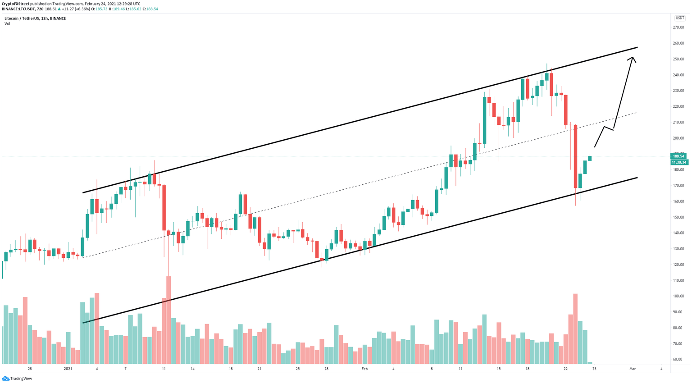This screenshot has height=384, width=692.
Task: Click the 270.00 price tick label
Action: coord(678,27)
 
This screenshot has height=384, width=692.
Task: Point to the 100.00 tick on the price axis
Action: coord(678,296)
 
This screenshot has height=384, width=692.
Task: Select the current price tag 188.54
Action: coord(678,156)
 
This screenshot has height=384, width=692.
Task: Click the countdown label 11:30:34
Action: coord(678,162)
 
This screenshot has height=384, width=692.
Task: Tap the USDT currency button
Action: coord(679,18)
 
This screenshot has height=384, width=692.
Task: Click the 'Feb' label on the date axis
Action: coord(364,369)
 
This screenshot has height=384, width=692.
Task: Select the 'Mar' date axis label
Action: coord(633,369)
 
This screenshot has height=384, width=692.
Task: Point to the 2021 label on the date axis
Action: coord(68,369)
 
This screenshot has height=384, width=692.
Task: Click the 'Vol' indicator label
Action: coord(7,24)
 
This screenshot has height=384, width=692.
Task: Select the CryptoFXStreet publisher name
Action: coord(15,4)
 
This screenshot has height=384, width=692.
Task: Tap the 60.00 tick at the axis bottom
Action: coord(678,359)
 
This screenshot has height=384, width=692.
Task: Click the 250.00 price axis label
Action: coord(678,59)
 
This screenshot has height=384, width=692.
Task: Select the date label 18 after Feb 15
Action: coord(527,369)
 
